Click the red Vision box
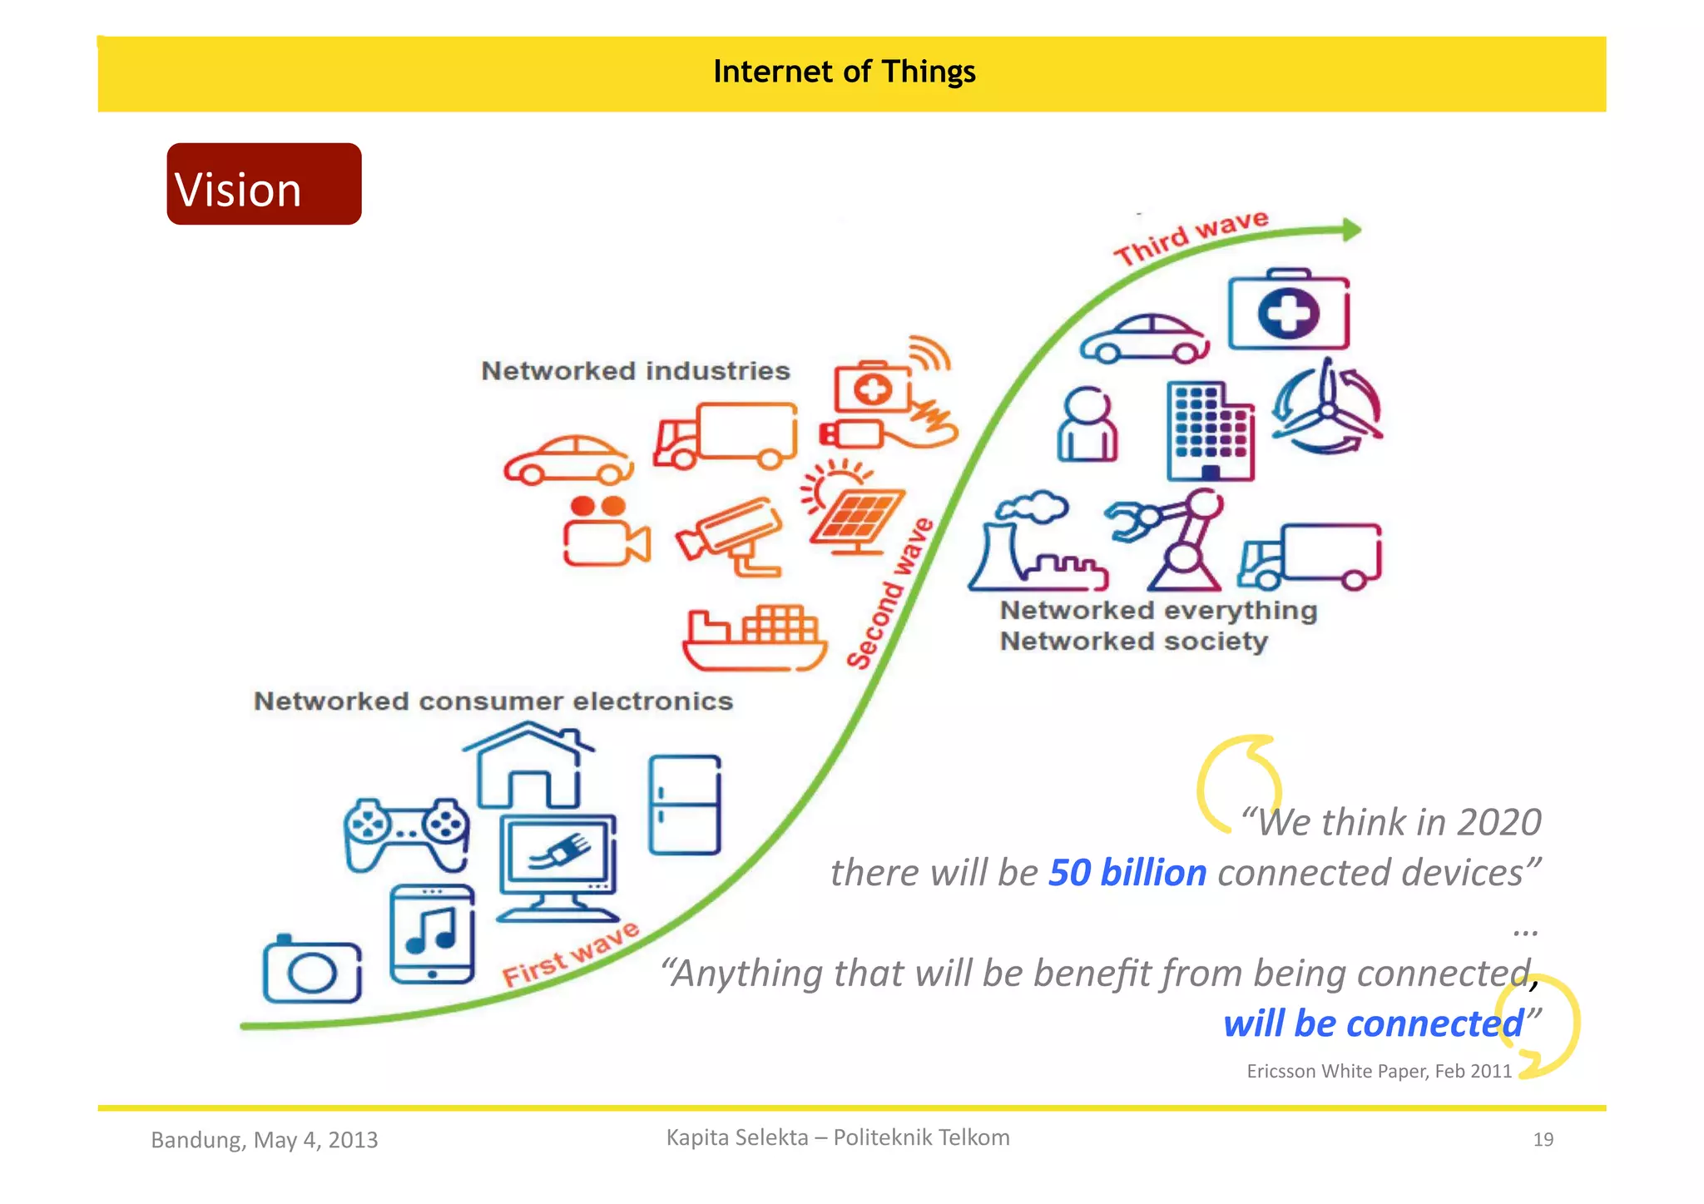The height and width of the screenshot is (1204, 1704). coord(264,184)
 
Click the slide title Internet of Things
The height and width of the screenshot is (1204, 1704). coord(844,72)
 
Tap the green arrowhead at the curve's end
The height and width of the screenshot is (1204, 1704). coord(1351,230)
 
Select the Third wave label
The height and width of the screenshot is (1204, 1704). coord(1191,237)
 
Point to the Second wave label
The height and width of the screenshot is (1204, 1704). coord(890,592)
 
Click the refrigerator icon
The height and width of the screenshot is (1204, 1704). coord(685,805)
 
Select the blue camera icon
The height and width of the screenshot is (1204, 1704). coord(312,970)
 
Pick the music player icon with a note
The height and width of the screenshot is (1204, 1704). coord(432,934)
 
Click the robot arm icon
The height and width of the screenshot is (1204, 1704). coord(1168,539)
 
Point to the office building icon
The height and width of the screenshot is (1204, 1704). coord(1210,431)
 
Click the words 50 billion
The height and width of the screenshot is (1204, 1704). coord(1127,873)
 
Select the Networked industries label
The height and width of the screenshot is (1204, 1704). coord(636,371)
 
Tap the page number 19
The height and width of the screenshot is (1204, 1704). coord(1543,1140)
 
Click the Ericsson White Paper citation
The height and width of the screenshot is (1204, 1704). coord(1379,1072)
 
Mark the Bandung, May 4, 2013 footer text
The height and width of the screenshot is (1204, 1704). coord(265,1140)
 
